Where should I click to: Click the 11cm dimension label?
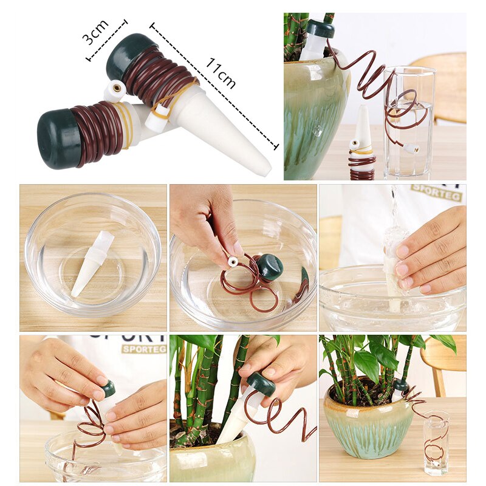220,73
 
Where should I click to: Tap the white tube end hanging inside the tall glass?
414,148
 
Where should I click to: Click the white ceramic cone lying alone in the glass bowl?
92,263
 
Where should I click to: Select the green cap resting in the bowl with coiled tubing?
269,267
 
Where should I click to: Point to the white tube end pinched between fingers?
232,261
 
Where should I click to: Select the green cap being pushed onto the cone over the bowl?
108,388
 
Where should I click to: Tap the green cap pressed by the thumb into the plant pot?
261,383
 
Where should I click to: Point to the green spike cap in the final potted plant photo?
400,385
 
